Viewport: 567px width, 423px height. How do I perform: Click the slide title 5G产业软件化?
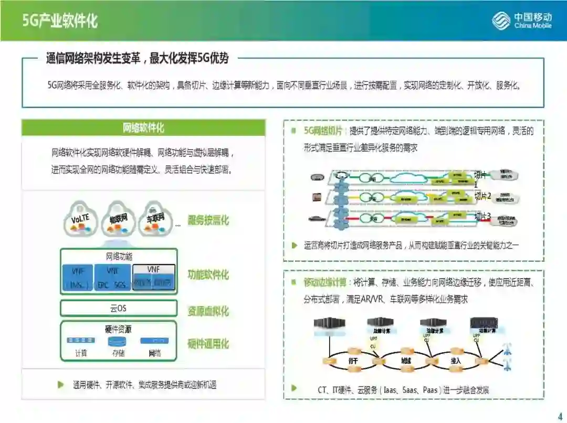coord(60,21)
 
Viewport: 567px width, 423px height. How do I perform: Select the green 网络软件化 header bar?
coord(143,128)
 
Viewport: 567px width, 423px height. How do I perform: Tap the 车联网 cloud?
coord(155,217)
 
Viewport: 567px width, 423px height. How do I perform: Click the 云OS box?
coord(118,308)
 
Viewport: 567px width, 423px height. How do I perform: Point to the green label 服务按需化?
coord(208,220)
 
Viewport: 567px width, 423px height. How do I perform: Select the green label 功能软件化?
coord(208,274)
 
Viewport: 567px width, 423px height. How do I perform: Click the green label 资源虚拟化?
coord(208,311)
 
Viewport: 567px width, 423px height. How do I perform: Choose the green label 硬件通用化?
coord(208,344)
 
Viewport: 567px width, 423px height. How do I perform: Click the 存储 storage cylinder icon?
coord(117,341)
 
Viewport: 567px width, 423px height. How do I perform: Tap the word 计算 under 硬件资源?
coord(81,353)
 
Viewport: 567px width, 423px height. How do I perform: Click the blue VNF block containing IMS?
coord(77,277)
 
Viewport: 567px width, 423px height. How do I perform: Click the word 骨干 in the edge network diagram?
coord(353,361)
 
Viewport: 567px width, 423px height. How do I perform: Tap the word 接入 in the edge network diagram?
coord(456,361)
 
